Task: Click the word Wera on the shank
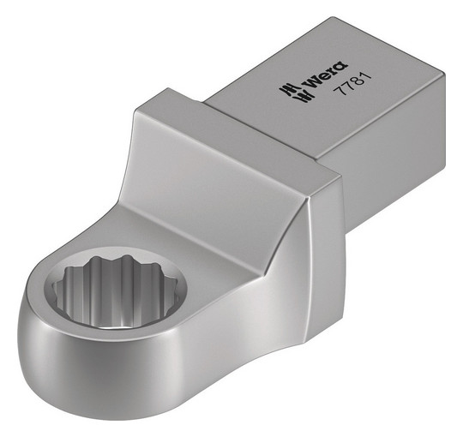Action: click(326, 75)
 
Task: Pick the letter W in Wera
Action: click(312, 83)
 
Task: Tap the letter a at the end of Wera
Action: click(341, 66)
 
